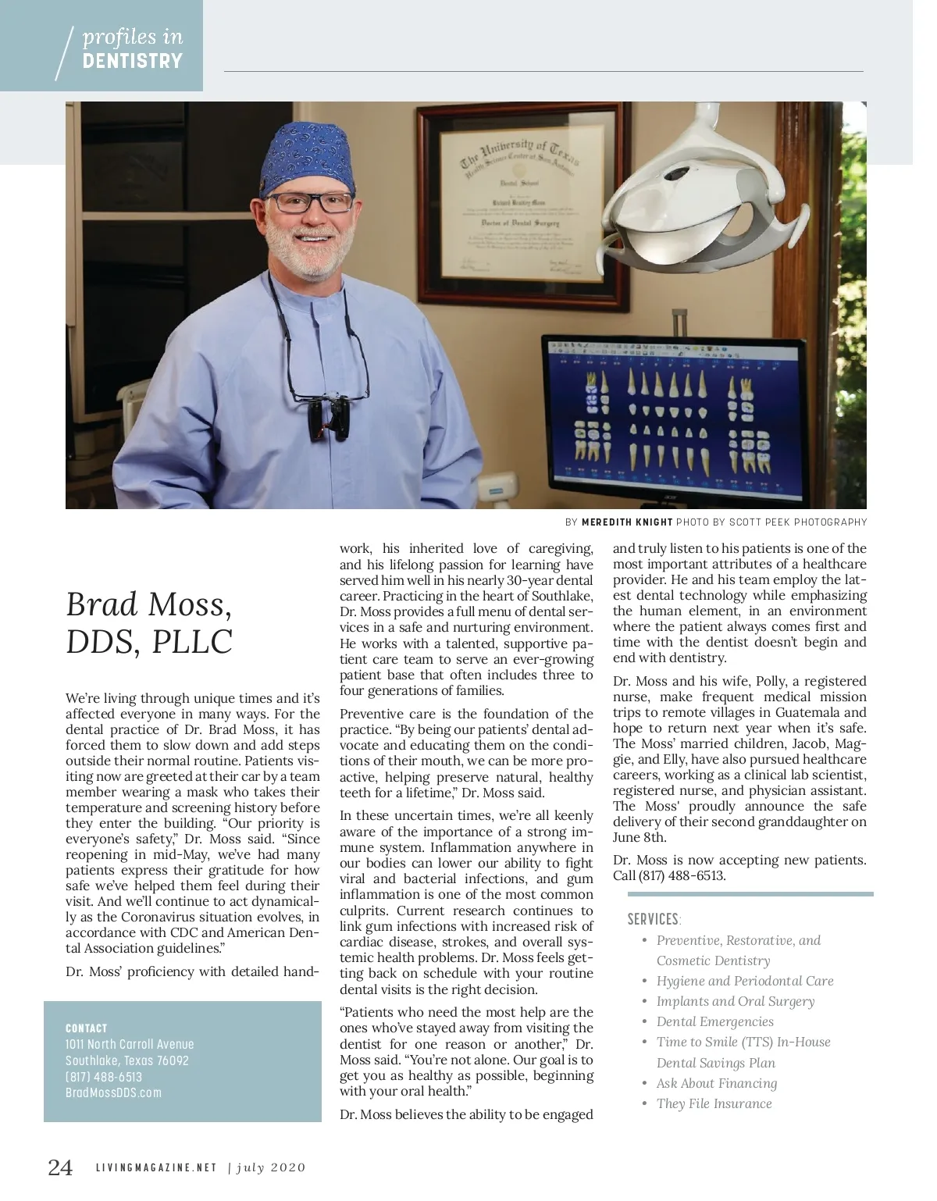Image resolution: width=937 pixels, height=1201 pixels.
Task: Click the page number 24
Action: (x=60, y=1167)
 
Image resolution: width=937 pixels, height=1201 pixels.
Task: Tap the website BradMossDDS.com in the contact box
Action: (x=113, y=1092)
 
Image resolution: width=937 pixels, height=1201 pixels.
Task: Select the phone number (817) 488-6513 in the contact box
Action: (x=104, y=1077)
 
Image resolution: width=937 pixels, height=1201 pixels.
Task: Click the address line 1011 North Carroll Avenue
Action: (x=130, y=1044)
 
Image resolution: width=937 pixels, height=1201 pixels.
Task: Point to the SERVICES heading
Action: (x=654, y=919)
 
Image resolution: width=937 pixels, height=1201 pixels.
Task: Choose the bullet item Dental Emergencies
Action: (x=714, y=1021)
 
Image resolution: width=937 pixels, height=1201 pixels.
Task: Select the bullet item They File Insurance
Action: (x=714, y=1103)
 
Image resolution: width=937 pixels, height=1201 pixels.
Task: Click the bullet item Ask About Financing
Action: (x=716, y=1083)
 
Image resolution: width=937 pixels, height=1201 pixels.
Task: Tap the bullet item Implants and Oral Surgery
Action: (x=735, y=1001)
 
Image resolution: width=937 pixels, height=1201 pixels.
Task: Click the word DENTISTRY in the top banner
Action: (x=132, y=61)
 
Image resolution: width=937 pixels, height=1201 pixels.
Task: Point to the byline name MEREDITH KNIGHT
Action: (x=626, y=522)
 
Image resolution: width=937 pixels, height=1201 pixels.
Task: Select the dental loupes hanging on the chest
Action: (x=328, y=418)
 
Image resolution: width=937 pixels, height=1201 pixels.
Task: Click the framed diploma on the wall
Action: (x=523, y=203)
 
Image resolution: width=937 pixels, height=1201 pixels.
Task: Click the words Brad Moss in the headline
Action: (x=148, y=604)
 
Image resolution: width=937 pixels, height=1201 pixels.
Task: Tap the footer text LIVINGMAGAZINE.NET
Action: (x=156, y=1168)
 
